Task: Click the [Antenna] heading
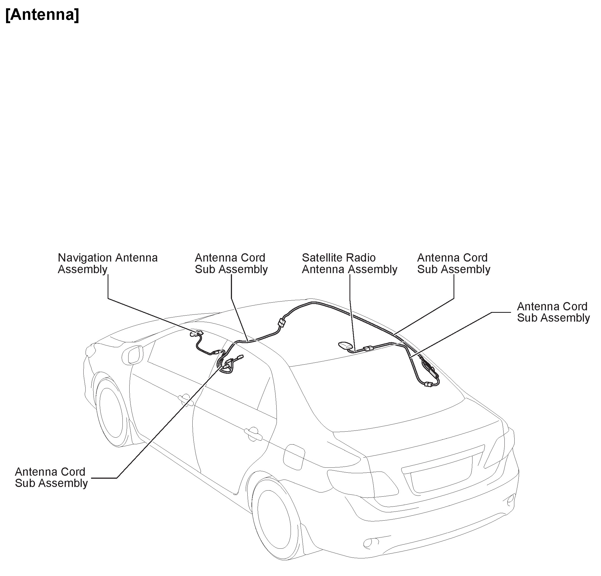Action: pos(42,15)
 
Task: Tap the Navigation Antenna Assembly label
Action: pos(108,263)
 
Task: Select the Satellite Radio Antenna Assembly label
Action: pos(349,263)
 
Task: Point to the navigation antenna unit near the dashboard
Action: pos(196,333)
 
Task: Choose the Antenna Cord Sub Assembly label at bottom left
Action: pos(51,477)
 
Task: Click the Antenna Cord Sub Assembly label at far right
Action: pos(553,312)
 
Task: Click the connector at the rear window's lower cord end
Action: pos(428,384)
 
